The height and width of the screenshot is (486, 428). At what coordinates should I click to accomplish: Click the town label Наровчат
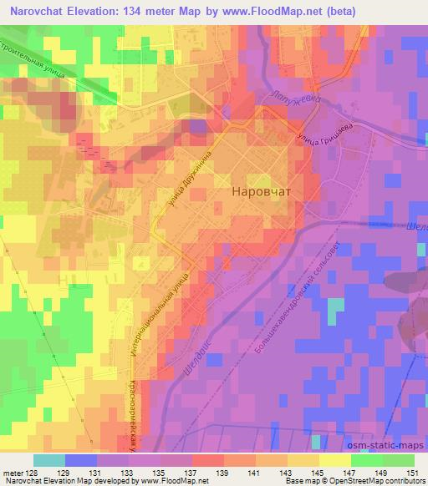pyautogui.click(x=260, y=191)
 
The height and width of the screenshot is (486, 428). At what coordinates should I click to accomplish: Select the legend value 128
pyautogui.click(x=30, y=473)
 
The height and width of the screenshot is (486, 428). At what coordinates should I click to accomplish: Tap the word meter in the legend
pyautogui.click(x=12, y=473)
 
